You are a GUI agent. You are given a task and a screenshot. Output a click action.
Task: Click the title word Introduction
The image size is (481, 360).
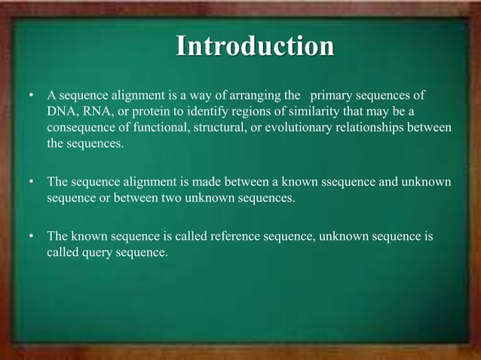[255, 46]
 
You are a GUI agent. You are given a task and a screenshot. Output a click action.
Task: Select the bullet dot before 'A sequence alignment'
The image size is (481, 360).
[31, 97]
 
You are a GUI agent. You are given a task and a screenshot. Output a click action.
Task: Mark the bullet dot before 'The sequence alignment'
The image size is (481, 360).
[31, 183]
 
